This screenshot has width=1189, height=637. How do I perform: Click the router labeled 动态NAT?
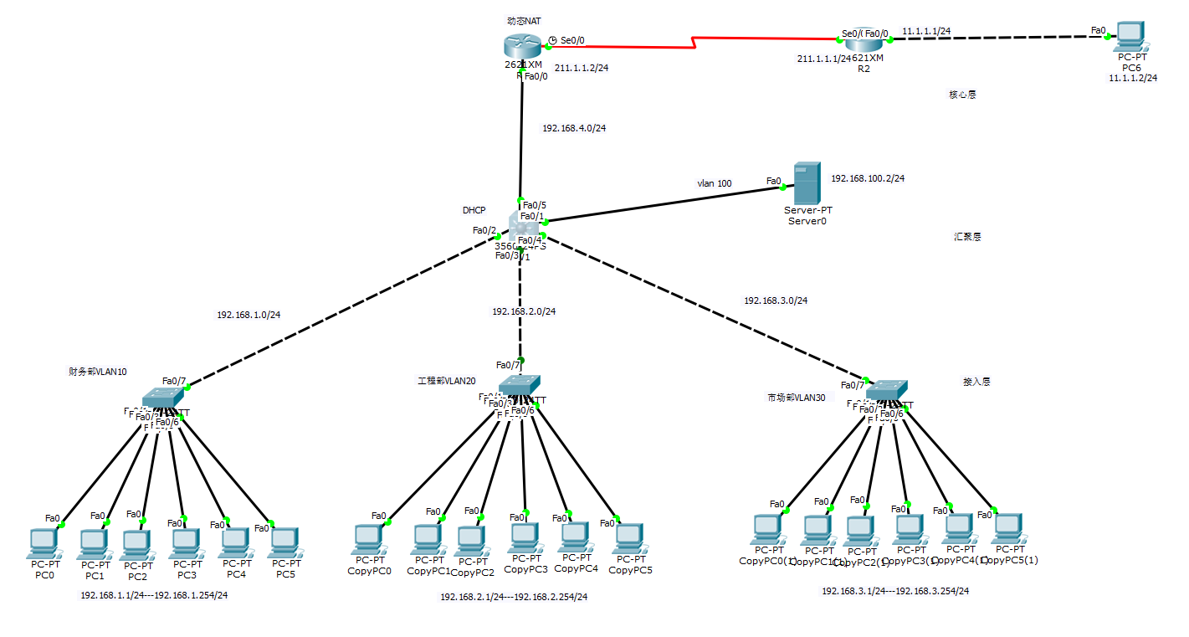coord(524,46)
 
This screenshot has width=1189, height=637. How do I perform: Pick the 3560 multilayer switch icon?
coord(524,227)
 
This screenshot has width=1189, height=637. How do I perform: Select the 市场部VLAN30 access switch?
coord(886,390)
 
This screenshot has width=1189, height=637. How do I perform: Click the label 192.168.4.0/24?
coord(574,128)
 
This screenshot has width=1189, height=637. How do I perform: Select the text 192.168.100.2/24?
coord(868,178)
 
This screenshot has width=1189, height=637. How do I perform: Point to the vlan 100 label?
coord(714,182)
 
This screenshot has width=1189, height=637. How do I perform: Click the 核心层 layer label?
coord(961,95)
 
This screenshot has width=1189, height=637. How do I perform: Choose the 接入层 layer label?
coord(976,382)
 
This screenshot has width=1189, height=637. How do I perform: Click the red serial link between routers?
coord(694,42)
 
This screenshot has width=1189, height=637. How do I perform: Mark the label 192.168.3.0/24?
coord(775,300)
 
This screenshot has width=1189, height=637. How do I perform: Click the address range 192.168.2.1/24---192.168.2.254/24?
coord(514,597)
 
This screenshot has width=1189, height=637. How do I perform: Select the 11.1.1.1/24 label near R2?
coord(925,31)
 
